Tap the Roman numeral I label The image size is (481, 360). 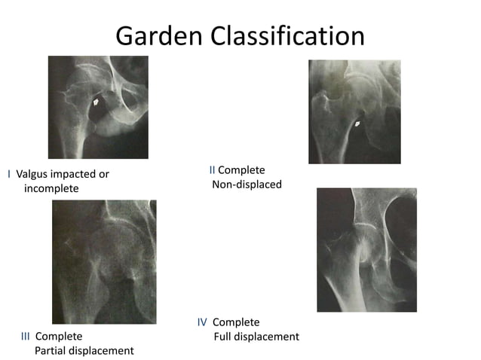[x=8, y=174]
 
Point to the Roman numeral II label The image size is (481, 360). [x=212, y=170]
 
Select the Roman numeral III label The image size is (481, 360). [x=25, y=336]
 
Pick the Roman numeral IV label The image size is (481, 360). [x=202, y=322]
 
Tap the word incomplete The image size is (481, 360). [x=51, y=188]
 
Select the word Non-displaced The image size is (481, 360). [x=247, y=185]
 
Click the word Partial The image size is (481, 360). [x=53, y=350]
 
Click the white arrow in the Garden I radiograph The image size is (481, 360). [x=97, y=99]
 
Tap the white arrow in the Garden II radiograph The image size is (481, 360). [x=357, y=122]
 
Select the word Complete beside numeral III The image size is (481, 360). [x=59, y=336]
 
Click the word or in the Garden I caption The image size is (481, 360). [x=103, y=174]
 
